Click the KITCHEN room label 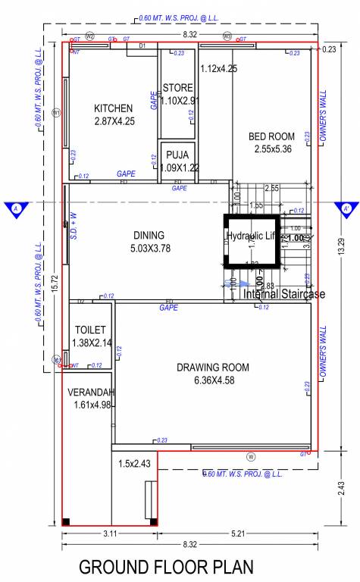[113, 108]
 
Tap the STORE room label [178, 88]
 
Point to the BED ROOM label [273, 136]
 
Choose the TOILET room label [89, 330]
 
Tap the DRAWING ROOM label [213, 368]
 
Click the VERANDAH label [90, 393]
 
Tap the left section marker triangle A [14, 208]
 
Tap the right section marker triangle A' [346, 208]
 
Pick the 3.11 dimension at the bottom [108, 534]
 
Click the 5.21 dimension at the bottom [236, 534]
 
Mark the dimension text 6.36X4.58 [213, 380]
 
